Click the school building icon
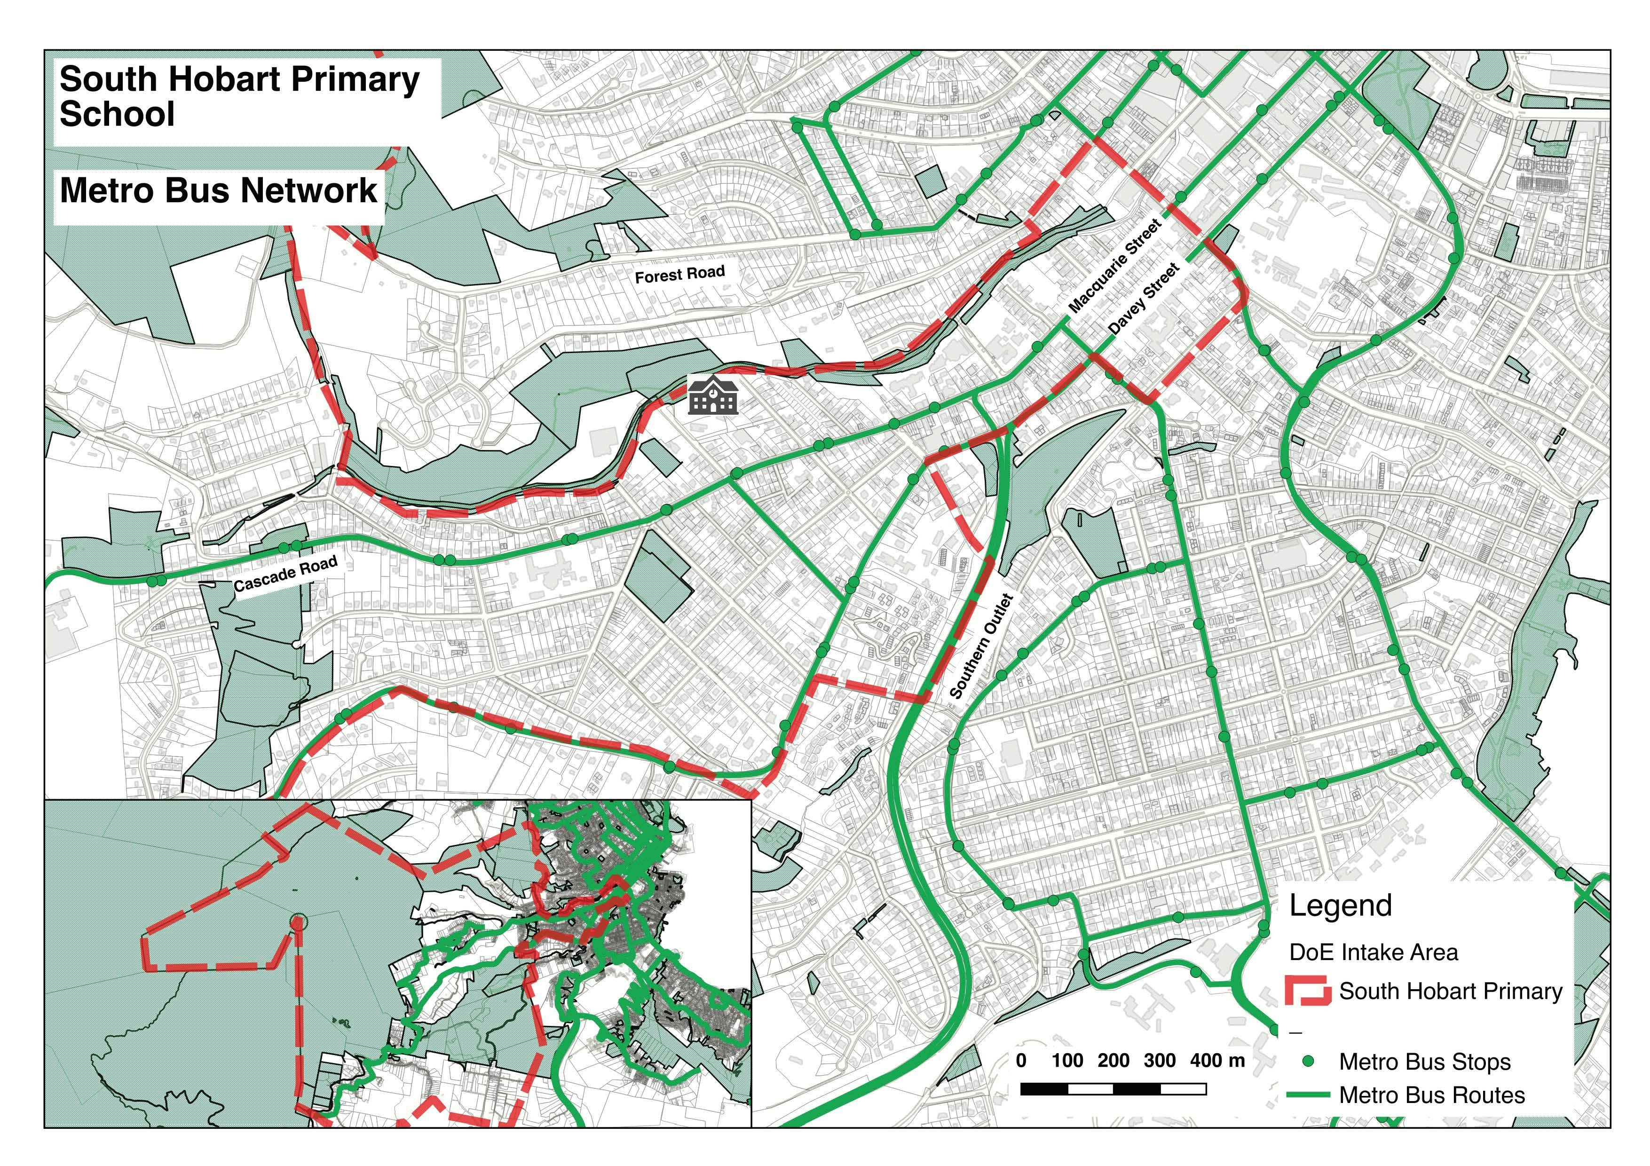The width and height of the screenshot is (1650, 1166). [712, 394]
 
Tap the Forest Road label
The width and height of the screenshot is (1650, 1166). [679, 274]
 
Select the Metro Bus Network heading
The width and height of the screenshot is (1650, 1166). [219, 190]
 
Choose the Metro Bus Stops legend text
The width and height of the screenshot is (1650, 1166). [1424, 1062]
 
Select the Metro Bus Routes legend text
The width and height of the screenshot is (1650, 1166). [1431, 1095]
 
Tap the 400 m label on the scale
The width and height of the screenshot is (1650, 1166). [1216, 1060]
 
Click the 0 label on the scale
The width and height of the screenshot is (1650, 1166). [1021, 1060]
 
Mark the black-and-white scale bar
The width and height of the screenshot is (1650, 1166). [1113, 1090]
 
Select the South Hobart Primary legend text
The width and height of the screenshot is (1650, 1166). [1450, 992]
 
